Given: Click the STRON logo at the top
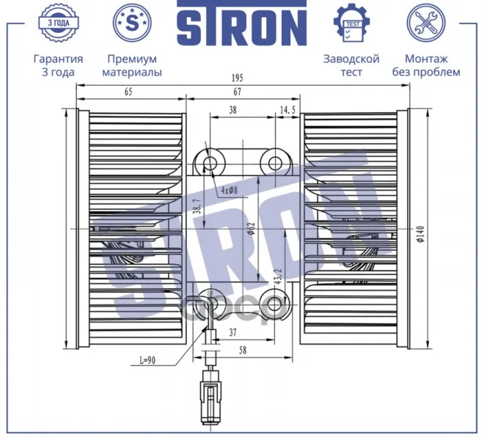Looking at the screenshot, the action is (x=242, y=23).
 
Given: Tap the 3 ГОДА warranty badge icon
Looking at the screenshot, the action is (x=59, y=23).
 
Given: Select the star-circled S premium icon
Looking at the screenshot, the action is (x=132, y=23).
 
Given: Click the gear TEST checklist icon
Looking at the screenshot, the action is (x=351, y=23).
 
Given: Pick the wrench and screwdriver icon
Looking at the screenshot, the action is (x=426, y=23).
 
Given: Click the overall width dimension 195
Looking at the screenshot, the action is (x=238, y=78).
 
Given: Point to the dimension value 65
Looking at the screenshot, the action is (x=128, y=92).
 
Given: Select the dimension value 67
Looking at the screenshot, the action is (x=237, y=92).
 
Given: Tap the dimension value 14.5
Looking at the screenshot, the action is (x=287, y=109).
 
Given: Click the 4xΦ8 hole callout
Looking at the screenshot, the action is (x=230, y=190).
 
